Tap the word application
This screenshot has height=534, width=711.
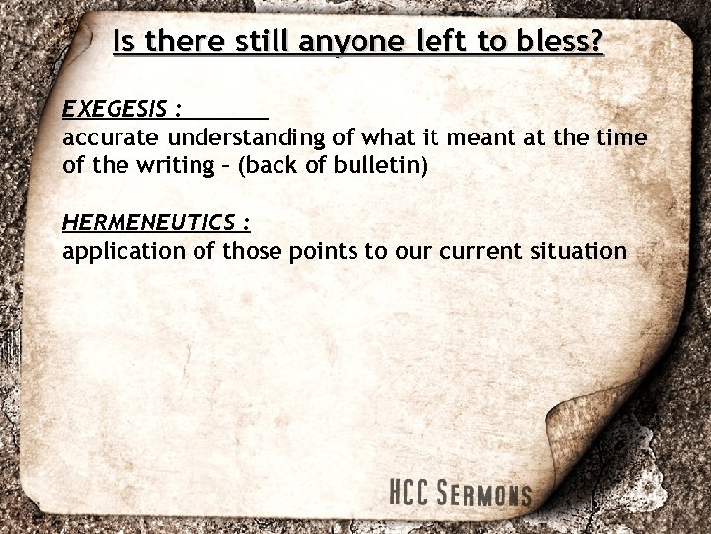coord(123,251)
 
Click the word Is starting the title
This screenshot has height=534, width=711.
coord(124,43)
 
